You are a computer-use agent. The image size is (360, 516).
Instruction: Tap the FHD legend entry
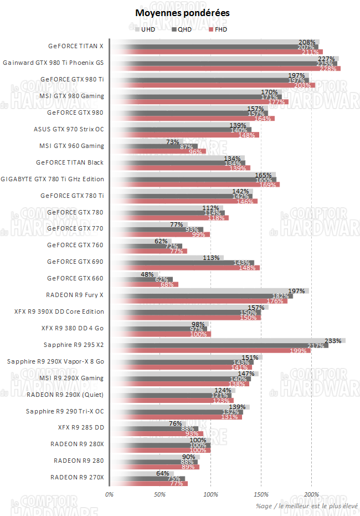(x=220, y=29)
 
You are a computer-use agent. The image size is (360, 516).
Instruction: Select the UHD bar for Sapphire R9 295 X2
(x=227, y=341)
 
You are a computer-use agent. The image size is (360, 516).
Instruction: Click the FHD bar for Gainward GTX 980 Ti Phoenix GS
(x=225, y=69)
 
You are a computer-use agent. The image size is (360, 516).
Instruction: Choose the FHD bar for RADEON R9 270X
(x=148, y=484)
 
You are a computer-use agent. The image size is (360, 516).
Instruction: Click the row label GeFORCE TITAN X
(x=76, y=46)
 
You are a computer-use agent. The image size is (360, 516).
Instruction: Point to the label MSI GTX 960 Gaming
(x=71, y=146)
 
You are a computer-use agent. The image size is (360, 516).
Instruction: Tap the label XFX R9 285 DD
(x=81, y=427)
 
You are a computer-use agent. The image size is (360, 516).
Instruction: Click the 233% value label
(x=332, y=341)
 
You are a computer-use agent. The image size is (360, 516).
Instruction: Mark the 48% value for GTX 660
(x=147, y=274)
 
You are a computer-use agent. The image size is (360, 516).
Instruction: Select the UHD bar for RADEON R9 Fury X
(x=209, y=290)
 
